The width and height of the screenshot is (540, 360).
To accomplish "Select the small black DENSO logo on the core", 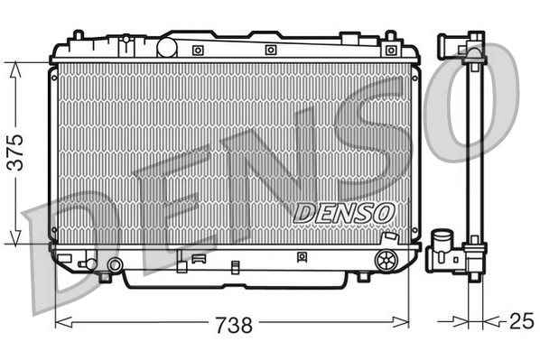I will pyautogui.click(x=344, y=210).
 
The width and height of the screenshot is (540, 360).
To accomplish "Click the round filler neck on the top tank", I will pyautogui.click(x=170, y=46).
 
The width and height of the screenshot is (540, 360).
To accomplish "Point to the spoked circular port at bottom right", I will pyautogui.click(x=386, y=260).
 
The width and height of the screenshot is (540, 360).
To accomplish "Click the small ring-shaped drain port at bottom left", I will pyautogui.click(x=115, y=264).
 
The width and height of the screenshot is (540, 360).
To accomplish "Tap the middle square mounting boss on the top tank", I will pyautogui.click(x=270, y=50).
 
